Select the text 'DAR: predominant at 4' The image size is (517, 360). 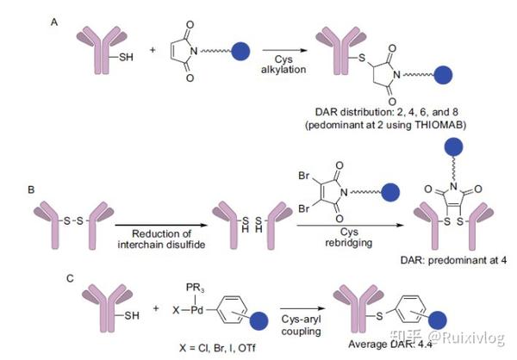coord(439,262)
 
